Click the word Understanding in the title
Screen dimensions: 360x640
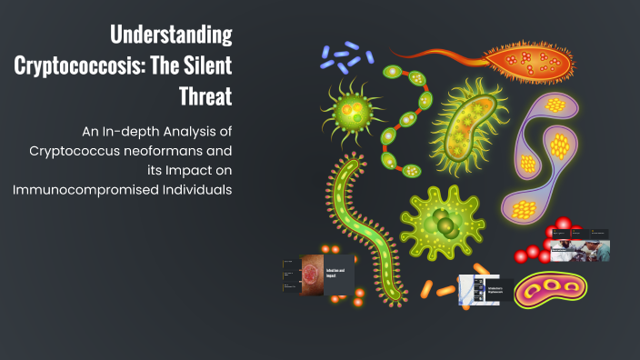[171, 35]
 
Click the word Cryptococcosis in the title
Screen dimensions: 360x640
[81, 65]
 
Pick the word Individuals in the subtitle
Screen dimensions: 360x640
[196, 189]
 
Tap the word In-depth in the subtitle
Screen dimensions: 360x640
[119, 129]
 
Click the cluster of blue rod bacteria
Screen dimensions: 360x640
[341, 58]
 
